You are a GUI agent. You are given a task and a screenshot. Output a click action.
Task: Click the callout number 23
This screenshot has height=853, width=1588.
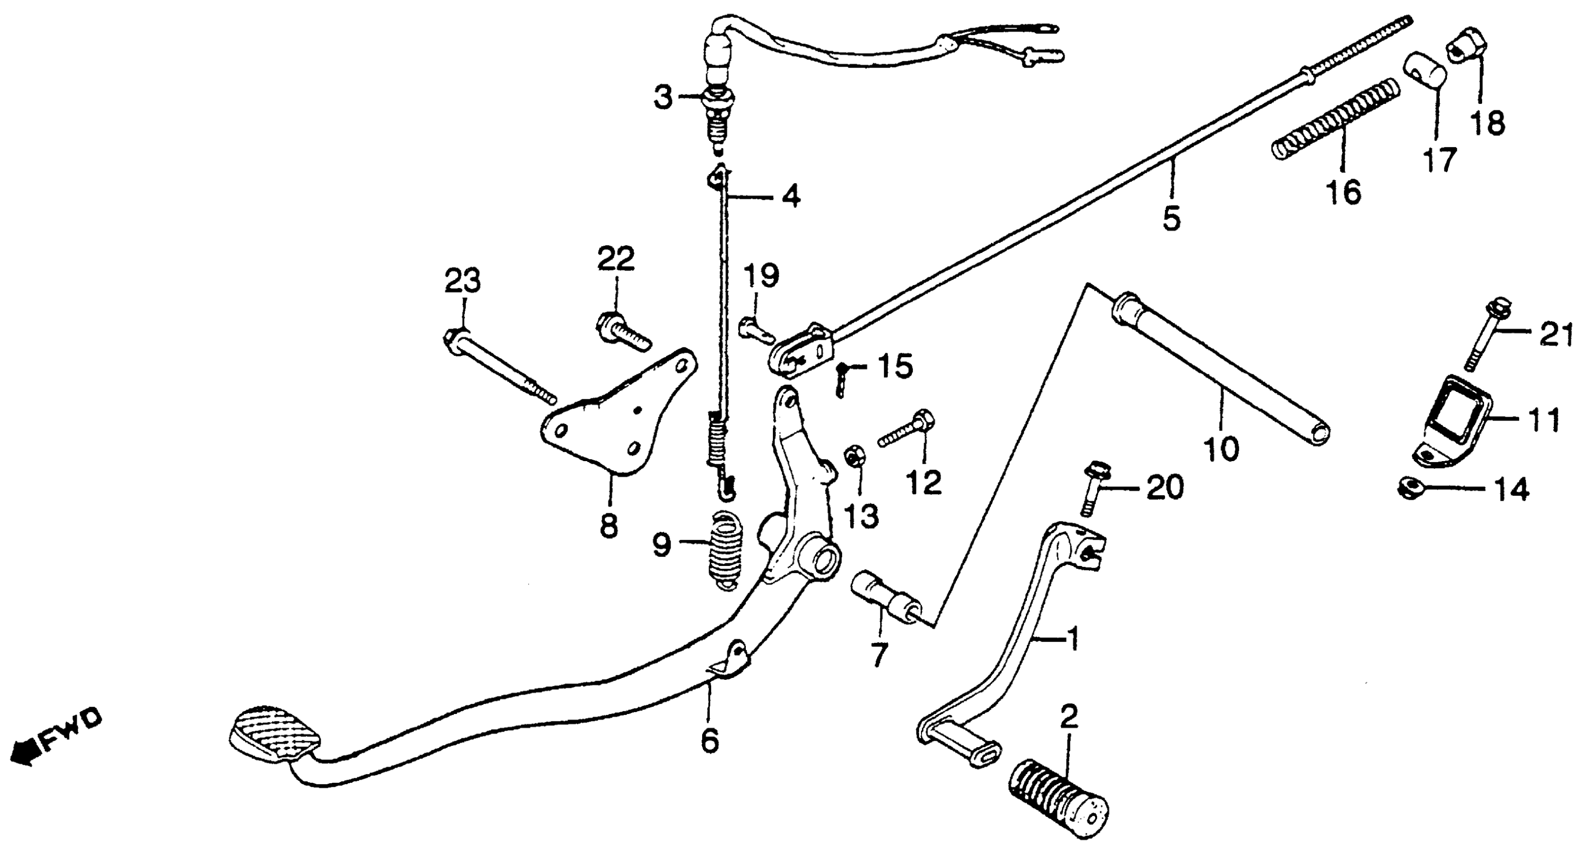tap(463, 283)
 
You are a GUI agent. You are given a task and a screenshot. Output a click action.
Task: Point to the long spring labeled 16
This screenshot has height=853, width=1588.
tap(1335, 117)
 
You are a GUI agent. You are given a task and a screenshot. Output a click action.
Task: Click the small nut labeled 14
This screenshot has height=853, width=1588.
tap(1409, 489)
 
